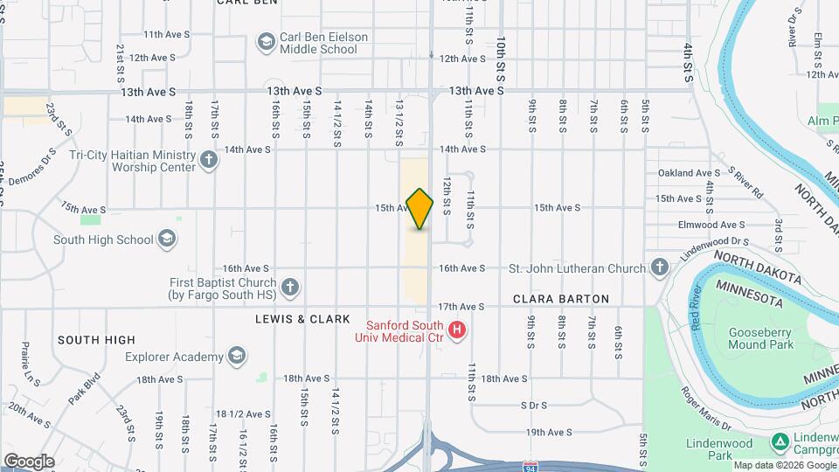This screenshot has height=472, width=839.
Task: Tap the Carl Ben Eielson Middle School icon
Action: (265, 42)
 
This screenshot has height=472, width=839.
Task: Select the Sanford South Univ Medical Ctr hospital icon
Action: (455, 330)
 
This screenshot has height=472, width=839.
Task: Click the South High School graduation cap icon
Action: (167, 239)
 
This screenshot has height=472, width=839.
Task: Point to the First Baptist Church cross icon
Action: (290, 286)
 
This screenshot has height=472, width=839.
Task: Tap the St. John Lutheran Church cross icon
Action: (660, 267)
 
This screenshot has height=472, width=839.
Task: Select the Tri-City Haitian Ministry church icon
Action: (208, 160)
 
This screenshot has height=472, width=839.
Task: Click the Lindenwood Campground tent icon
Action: (781, 441)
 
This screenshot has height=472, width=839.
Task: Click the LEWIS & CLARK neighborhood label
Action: (302, 319)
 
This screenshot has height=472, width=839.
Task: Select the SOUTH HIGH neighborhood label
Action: (96, 339)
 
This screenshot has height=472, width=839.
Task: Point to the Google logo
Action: (29, 462)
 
